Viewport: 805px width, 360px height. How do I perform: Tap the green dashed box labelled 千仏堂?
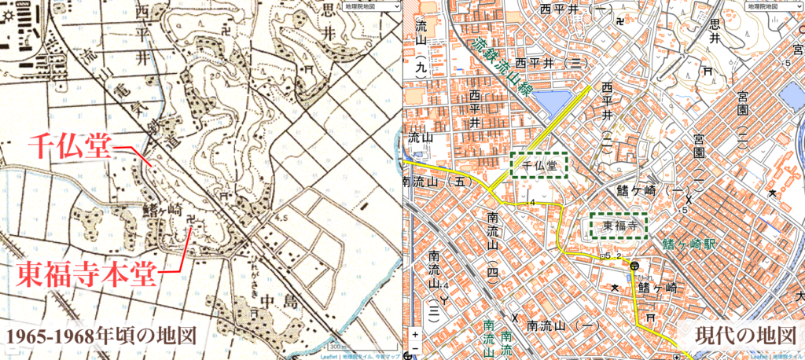point(539,165)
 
